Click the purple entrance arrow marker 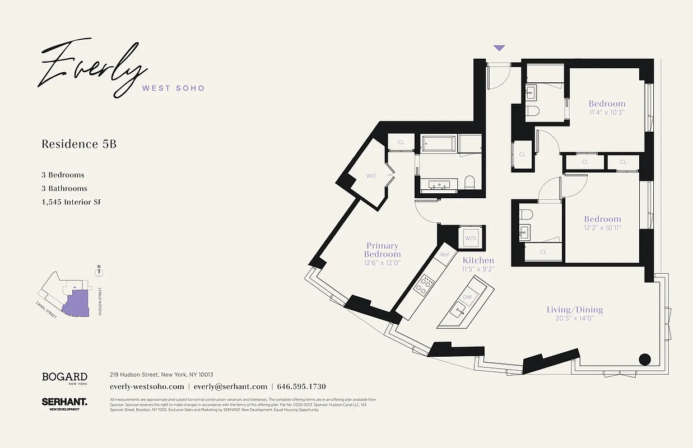point(499,49)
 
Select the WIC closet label point(371,176)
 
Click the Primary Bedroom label point(382,250)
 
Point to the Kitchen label point(478,260)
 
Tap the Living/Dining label point(575,310)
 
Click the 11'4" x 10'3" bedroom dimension point(607,112)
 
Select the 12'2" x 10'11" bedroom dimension point(603,227)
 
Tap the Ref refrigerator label point(445,255)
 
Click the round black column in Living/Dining point(645,360)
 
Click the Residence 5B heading point(79,144)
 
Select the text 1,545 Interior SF point(71,202)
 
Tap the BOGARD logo point(64,377)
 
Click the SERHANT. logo point(64,402)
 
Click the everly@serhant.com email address point(230,386)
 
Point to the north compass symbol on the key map point(99,272)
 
